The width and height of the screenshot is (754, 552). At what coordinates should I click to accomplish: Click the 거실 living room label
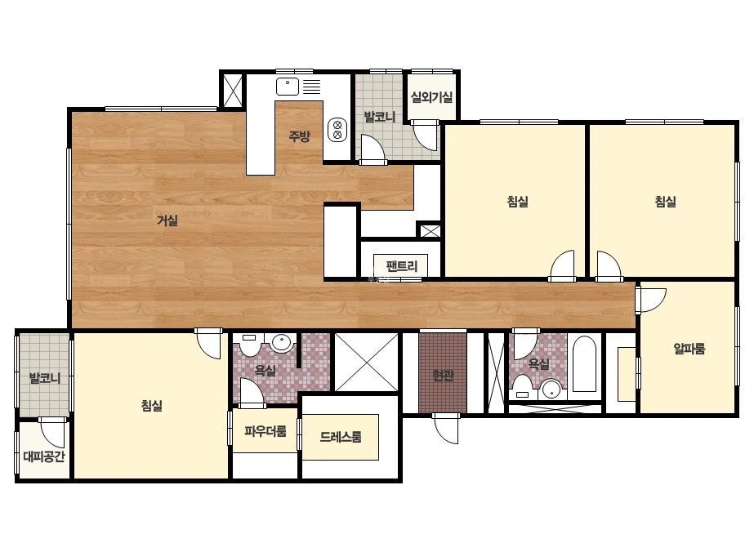click(167, 220)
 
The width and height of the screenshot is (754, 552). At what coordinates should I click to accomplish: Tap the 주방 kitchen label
click(299, 136)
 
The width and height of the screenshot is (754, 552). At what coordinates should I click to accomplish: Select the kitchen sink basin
click(287, 87)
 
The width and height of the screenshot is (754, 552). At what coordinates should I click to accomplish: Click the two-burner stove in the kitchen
click(337, 130)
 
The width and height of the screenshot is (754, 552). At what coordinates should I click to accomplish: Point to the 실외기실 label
click(431, 97)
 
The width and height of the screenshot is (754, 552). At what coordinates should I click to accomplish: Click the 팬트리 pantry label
click(402, 266)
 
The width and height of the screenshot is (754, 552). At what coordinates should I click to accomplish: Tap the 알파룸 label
click(689, 348)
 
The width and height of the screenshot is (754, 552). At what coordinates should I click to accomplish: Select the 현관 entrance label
click(443, 375)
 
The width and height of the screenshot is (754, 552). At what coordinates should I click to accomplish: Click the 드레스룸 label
click(341, 437)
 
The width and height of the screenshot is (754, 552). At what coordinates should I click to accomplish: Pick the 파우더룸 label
click(265, 431)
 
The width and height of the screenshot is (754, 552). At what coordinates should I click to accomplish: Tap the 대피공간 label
click(44, 456)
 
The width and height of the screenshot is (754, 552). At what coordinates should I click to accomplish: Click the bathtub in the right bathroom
click(584, 363)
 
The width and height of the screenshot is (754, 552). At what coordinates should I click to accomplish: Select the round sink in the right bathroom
click(551, 389)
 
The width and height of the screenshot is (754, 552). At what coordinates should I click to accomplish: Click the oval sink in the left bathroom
click(281, 343)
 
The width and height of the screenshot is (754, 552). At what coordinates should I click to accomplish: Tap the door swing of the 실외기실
click(425, 136)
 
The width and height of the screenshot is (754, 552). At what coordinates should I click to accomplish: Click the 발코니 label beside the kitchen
click(379, 117)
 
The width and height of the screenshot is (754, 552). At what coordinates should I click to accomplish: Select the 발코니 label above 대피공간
click(45, 378)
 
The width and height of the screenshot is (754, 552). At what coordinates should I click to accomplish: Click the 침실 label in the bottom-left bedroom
click(151, 405)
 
